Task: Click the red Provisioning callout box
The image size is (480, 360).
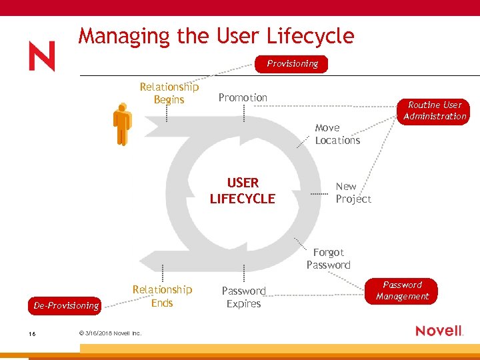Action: (x=292, y=64)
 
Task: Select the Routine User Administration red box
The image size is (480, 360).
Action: (x=435, y=111)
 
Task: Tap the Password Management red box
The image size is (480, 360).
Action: (x=402, y=291)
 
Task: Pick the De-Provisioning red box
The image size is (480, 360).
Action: (x=66, y=305)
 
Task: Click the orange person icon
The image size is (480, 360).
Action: (x=122, y=124)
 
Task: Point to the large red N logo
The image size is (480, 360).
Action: (x=42, y=57)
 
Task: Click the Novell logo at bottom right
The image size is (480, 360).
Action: (x=439, y=331)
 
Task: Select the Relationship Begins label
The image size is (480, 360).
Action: (x=169, y=93)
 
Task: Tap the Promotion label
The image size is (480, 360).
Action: (x=243, y=97)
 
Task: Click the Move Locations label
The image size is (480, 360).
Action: (x=337, y=134)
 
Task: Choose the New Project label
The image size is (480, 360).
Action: (x=353, y=193)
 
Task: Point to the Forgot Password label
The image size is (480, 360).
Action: (x=328, y=259)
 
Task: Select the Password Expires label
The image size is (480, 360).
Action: (x=243, y=297)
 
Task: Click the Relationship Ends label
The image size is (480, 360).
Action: (x=162, y=296)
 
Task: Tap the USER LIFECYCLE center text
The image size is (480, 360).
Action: (x=242, y=191)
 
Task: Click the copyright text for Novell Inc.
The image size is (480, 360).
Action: (x=110, y=333)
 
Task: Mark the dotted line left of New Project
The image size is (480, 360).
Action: (x=321, y=193)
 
